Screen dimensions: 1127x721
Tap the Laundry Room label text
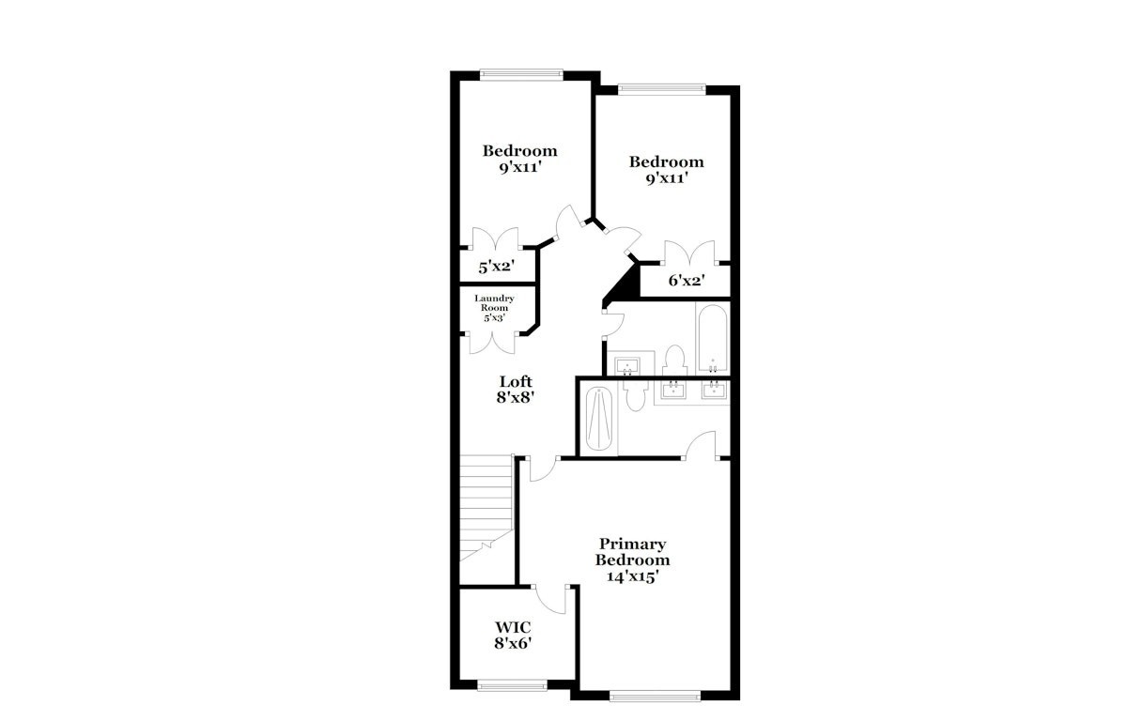pyautogui.click(x=494, y=303)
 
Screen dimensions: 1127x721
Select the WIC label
pyautogui.click(x=513, y=627)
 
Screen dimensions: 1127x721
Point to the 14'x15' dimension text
pyautogui.click(x=632, y=576)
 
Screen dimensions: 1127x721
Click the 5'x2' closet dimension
pyautogui.click(x=496, y=267)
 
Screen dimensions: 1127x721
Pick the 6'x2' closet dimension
pyautogui.click(x=687, y=280)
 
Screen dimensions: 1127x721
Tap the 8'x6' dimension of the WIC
pyautogui.click(x=513, y=643)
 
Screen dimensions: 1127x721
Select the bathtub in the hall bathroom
pyautogui.click(x=713, y=338)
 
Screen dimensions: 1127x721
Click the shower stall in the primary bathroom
pyautogui.click(x=599, y=419)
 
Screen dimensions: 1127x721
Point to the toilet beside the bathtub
pyautogui.click(x=674, y=360)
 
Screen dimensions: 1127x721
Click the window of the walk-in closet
pyautogui.click(x=512, y=686)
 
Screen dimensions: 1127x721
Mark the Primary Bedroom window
pyautogui.click(x=656, y=696)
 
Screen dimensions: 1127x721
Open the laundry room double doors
pyautogui.click(x=493, y=343)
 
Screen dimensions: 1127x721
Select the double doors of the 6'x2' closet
pyautogui.click(x=689, y=253)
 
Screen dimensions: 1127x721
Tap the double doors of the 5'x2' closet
pyautogui.click(x=496, y=238)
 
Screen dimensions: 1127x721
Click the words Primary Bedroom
pyautogui.click(x=632, y=552)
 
